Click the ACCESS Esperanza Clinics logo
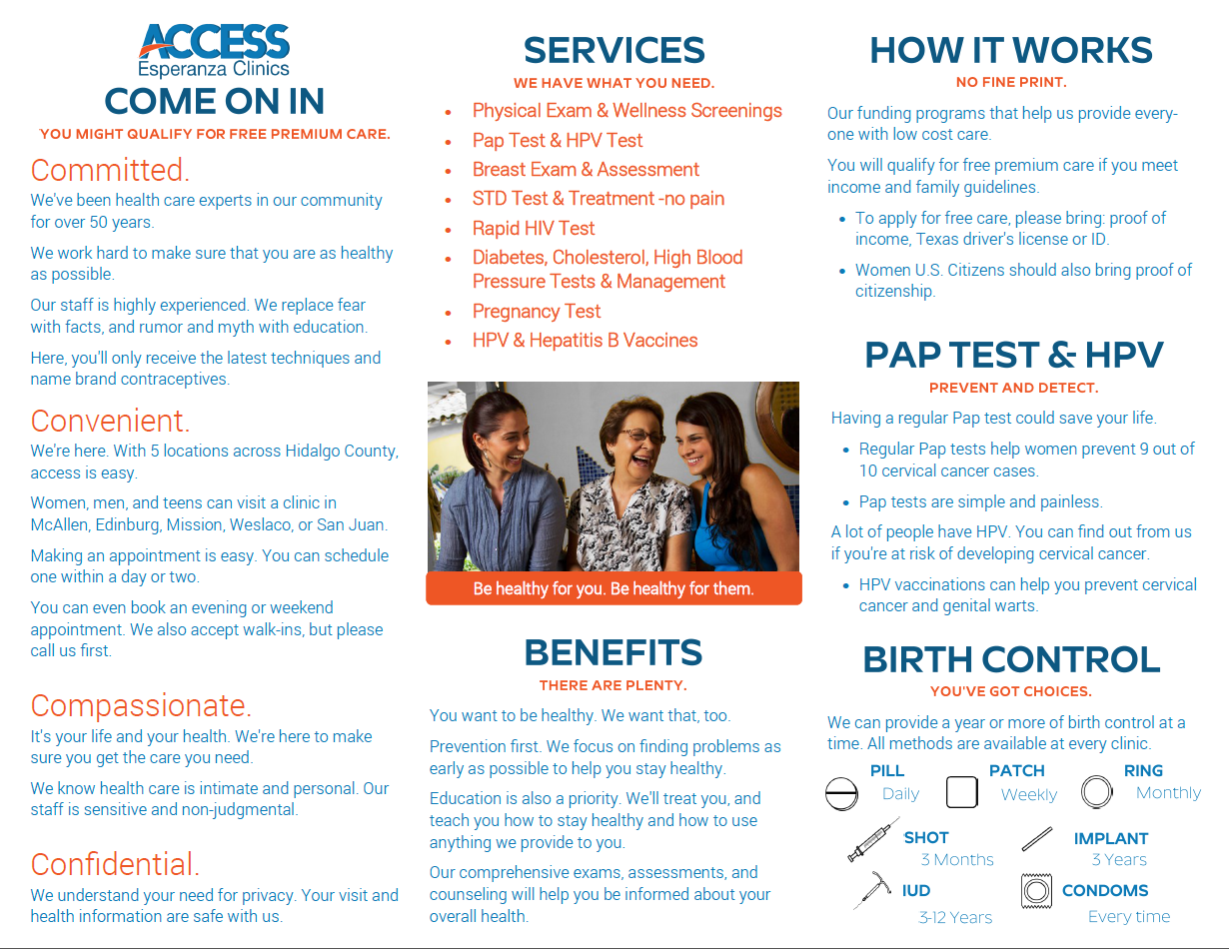(214, 50)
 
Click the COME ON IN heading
(214, 102)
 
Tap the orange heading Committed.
(110, 169)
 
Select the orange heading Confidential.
(115, 864)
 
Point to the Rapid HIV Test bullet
(534, 228)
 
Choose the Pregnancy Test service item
(537, 311)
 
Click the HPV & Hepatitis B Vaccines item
(585, 340)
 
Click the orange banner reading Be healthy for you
(614, 588)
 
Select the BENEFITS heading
(613, 652)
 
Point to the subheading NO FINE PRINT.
(1011, 82)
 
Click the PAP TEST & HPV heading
(1013, 355)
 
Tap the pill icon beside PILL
(842, 793)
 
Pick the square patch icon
(961, 792)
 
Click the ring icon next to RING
(1096, 792)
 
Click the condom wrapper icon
(1037, 890)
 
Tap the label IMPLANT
(1110, 839)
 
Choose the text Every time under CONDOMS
(1128, 917)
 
